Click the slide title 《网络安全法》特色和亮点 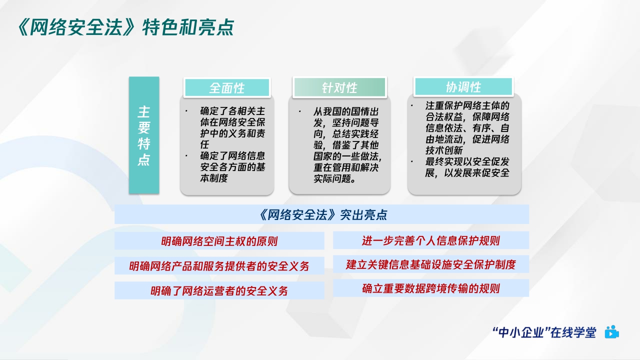pyautogui.click(x=125, y=27)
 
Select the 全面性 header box pyautogui.click(x=227, y=88)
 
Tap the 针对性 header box pyautogui.click(x=339, y=88)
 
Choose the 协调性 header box pyautogui.click(x=463, y=87)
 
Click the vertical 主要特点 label pyautogui.click(x=144, y=135)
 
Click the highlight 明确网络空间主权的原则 pyautogui.click(x=219, y=241)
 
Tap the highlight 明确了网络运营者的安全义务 pyautogui.click(x=219, y=290)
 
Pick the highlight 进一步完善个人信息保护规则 pyautogui.click(x=430, y=240)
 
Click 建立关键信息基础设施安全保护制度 pyautogui.click(x=430, y=264)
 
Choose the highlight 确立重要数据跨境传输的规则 pyautogui.click(x=430, y=288)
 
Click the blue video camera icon pyautogui.click(x=611, y=332)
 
